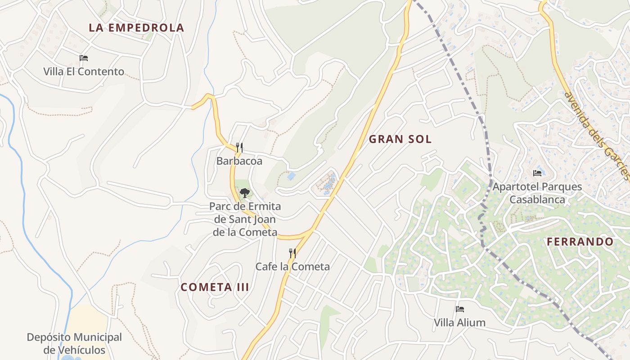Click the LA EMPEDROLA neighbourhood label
[136, 27]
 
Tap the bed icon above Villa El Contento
[84, 58]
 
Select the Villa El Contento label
[84, 72]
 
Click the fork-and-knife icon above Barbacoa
[239, 147]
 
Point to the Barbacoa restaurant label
[239, 161]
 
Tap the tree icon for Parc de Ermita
[244, 193]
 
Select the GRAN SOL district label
[400, 139]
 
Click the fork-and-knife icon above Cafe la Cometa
[292, 253]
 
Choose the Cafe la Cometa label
[292, 266]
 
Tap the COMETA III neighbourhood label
[215, 287]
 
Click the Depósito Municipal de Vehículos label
[74, 343]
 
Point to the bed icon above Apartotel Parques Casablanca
[537, 173]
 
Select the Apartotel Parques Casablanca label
[537, 193]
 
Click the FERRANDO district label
[580, 242]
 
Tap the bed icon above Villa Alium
[459, 309]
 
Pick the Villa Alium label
[459, 323]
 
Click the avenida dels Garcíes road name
[596, 135]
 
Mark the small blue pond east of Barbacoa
[291, 176]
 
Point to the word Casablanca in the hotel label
[537, 199]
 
